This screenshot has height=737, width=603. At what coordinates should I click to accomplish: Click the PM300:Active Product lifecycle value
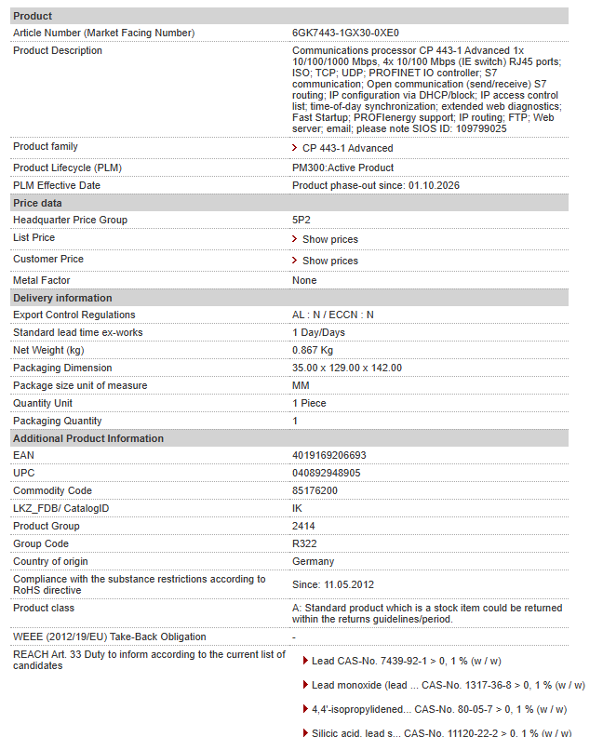coord(342,167)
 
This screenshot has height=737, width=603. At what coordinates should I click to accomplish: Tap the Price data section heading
coord(37,203)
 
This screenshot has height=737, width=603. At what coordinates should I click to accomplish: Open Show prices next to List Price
coord(329,239)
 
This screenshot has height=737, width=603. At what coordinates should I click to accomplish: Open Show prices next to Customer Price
coord(329,261)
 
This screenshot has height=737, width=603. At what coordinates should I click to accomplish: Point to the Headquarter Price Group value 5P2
coord(301,220)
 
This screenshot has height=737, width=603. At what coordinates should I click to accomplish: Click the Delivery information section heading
coord(62,298)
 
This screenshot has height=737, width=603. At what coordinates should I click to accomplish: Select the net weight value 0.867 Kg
coord(313,350)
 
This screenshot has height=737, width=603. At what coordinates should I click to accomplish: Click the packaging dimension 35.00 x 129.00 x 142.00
coord(347,368)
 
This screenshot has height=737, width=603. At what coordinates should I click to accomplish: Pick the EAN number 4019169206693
coord(329,455)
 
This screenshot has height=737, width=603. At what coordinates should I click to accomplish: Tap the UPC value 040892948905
coord(327,473)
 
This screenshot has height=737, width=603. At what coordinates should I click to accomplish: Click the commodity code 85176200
coord(315,490)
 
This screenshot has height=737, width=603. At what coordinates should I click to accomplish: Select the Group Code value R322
coord(303,543)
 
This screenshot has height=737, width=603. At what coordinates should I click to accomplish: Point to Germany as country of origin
coord(313,561)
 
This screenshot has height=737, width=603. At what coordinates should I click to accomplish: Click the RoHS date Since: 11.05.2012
coord(334,583)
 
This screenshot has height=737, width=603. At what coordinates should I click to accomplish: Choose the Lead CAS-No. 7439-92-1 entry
coord(406,661)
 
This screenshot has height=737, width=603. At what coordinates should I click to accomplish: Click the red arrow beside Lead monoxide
coord(305,685)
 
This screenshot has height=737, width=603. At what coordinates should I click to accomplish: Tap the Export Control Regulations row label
coord(74,315)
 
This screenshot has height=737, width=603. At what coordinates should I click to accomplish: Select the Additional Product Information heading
coord(88,438)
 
